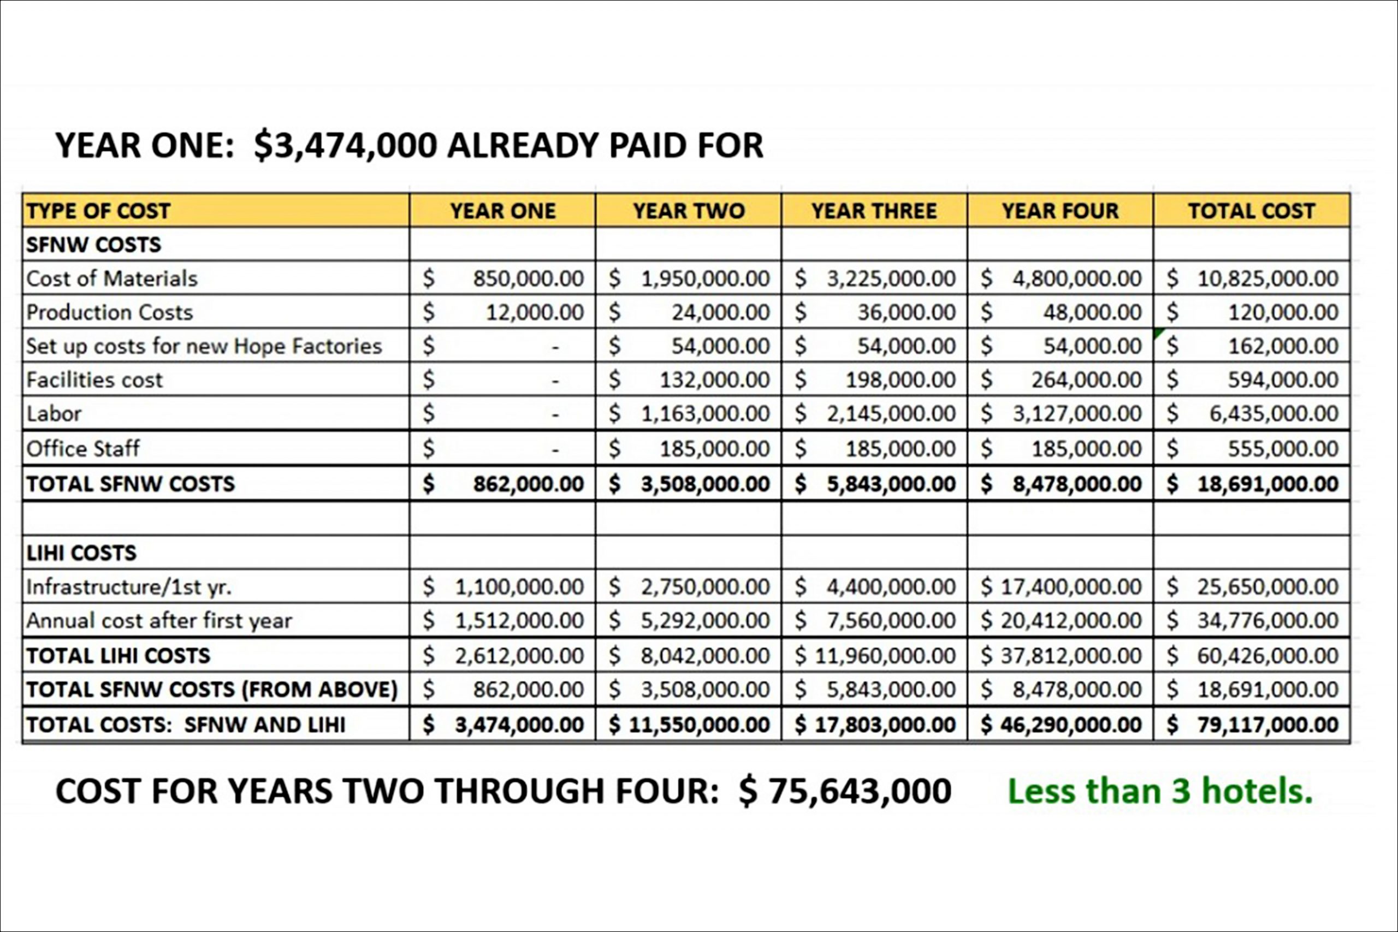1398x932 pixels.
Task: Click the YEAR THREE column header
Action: coord(874,211)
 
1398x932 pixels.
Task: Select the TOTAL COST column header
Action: coord(1251,211)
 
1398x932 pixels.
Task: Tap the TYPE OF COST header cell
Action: coord(99,211)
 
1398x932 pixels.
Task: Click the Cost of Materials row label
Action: coord(112,278)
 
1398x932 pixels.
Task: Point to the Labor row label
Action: coord(54,414)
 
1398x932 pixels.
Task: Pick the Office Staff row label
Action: coord(83,448)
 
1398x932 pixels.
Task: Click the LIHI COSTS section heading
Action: coord(81,553)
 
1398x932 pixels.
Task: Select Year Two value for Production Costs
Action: coord(720,312)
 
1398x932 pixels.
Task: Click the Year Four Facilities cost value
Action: coord(1086,380)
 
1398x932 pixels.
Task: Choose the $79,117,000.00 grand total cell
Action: coord(1267,725)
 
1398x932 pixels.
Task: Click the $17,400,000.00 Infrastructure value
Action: coord(1070,586)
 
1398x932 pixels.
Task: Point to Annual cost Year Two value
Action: coord(705,621)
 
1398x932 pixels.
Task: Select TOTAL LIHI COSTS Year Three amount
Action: coord(885,656)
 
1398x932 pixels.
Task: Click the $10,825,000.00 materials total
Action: coord(1267,278)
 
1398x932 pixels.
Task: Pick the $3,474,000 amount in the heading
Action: coord(345,146)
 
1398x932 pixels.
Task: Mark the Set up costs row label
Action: coord(204,346)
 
